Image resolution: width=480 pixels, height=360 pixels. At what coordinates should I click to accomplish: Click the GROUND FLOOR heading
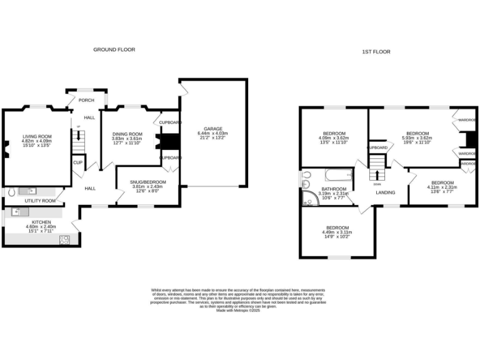114,49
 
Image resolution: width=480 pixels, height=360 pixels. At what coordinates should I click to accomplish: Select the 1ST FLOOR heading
376,52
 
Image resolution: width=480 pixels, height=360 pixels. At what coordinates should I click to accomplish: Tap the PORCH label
87,99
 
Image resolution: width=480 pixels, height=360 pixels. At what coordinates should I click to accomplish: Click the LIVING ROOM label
37,136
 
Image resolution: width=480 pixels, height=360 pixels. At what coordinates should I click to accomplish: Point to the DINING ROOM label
127,134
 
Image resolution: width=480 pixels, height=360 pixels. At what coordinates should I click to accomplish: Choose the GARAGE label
212,129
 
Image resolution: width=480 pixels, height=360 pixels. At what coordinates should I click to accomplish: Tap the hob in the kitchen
65,238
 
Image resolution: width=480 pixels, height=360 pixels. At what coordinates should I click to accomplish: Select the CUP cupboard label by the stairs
78,162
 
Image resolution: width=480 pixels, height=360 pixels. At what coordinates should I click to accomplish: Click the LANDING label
385,192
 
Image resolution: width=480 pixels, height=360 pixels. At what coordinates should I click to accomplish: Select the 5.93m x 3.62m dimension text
417,137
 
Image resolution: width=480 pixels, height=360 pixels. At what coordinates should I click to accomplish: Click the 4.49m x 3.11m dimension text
337,232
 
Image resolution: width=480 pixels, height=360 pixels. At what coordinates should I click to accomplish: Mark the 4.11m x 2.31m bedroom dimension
442,187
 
